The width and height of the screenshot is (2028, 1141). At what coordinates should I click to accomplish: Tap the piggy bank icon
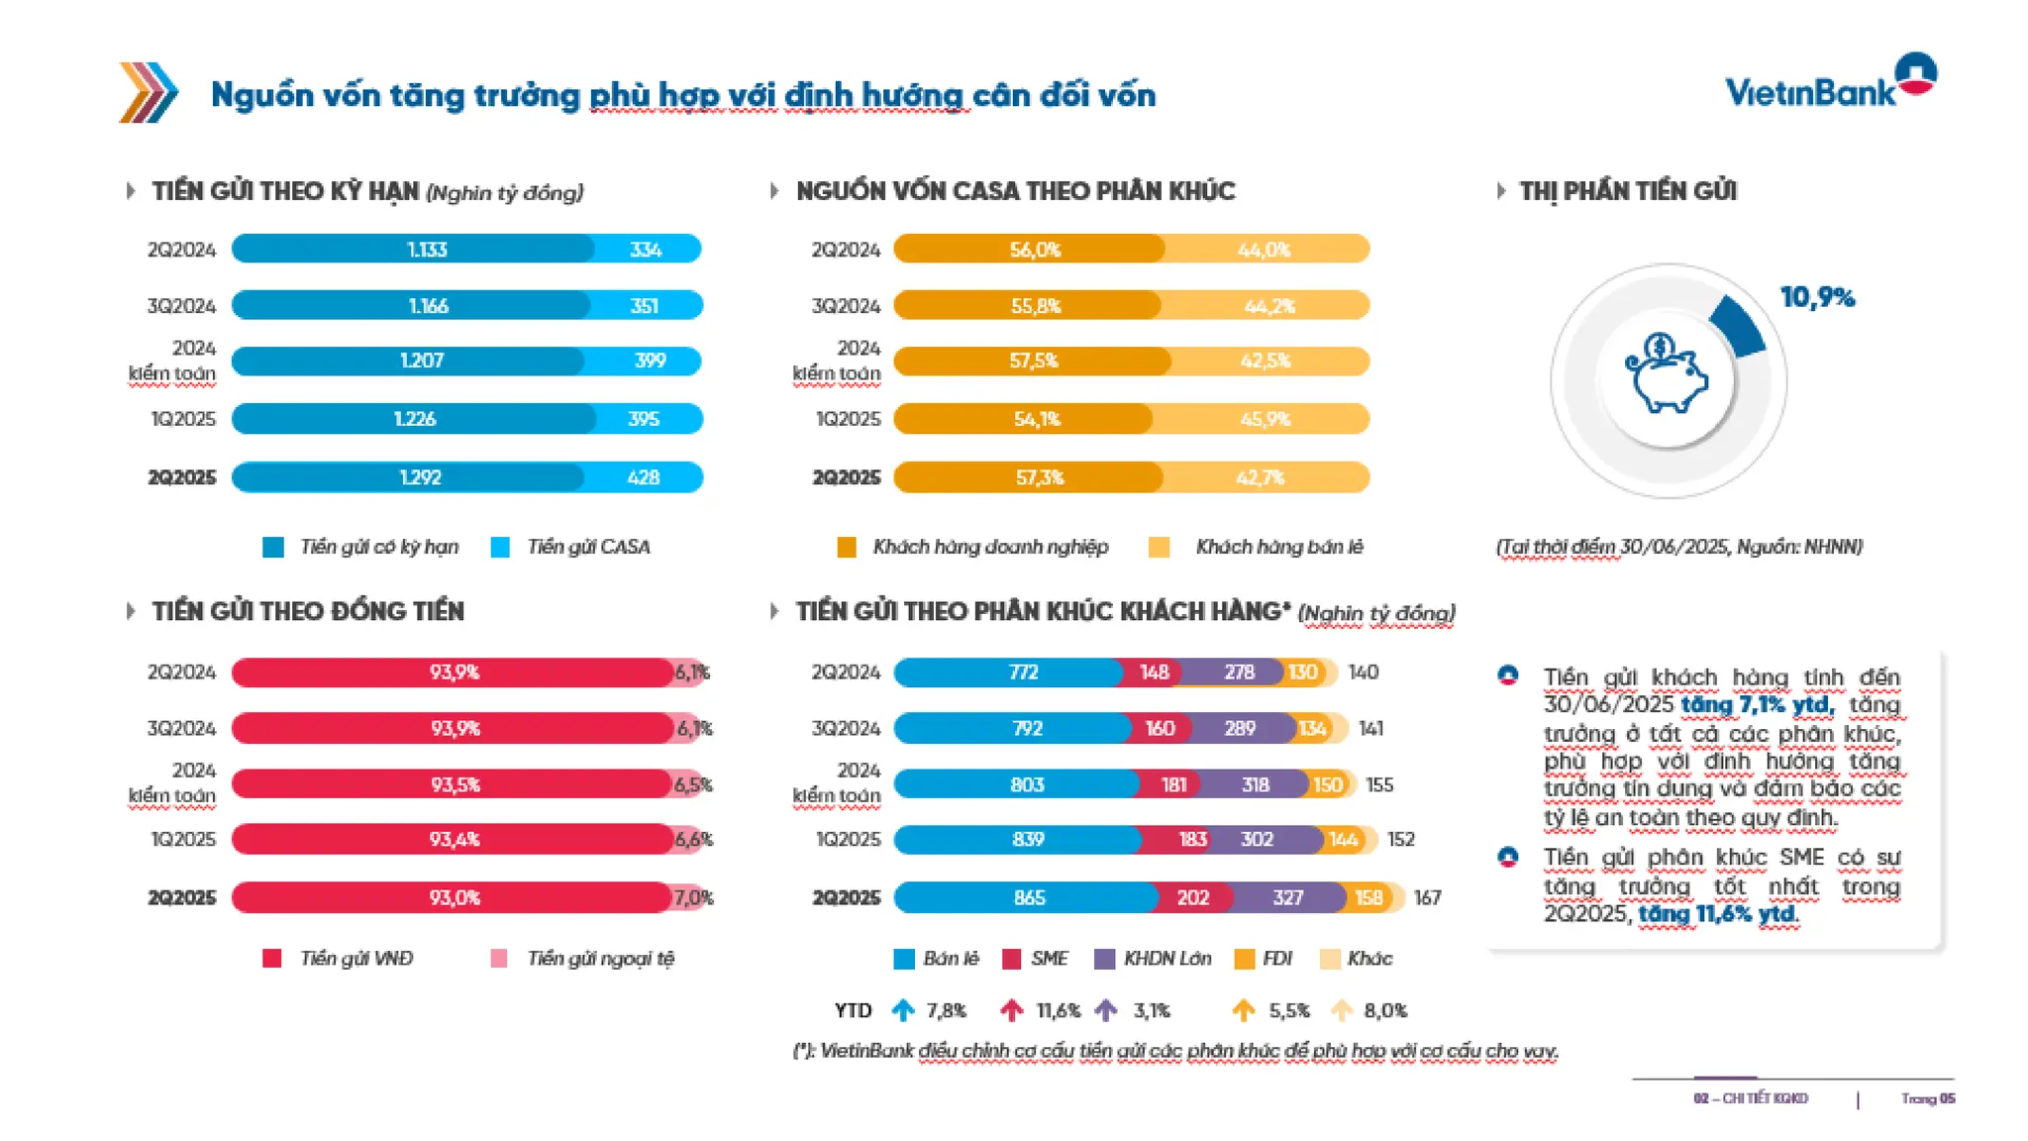[x=1668, y=375]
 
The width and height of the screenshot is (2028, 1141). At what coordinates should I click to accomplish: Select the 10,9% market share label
[x=1817, y=297]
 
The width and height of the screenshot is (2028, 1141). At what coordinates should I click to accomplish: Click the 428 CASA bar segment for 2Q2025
[x=644, y=477]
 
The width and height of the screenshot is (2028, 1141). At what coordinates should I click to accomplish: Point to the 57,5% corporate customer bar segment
[x=1033, y=362]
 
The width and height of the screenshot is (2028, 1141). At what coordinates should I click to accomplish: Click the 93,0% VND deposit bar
[x=454, y=897]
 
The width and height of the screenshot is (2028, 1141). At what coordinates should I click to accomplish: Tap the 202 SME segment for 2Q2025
[x=1193, y=897]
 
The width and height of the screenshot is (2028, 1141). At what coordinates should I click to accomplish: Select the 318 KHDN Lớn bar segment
[x=1255, y=784]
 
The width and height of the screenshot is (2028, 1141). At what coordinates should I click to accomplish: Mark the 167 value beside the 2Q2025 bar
[x=1427, y=897]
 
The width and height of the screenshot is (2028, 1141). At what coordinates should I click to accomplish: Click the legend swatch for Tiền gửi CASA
[x=500, y=547]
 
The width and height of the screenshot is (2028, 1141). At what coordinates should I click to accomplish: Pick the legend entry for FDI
[x=1264, y=959]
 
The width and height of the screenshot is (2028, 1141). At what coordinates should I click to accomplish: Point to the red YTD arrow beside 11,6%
[x=1011, y=1010]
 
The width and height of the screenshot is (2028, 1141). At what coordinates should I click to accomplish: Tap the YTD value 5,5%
[x=1289, y=1010]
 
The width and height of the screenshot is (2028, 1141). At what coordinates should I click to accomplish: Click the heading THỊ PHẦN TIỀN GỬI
[x=1628, y=191]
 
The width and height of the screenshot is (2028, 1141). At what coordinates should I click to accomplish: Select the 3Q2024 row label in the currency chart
[x=181, y=728]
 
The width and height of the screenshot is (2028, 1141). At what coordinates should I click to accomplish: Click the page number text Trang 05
[x=1927, y=1098]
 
